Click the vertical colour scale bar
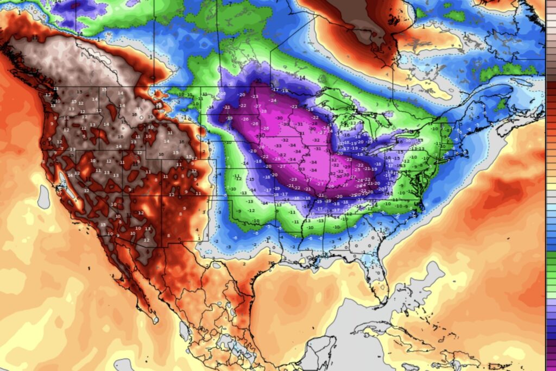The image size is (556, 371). coord(551,217)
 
